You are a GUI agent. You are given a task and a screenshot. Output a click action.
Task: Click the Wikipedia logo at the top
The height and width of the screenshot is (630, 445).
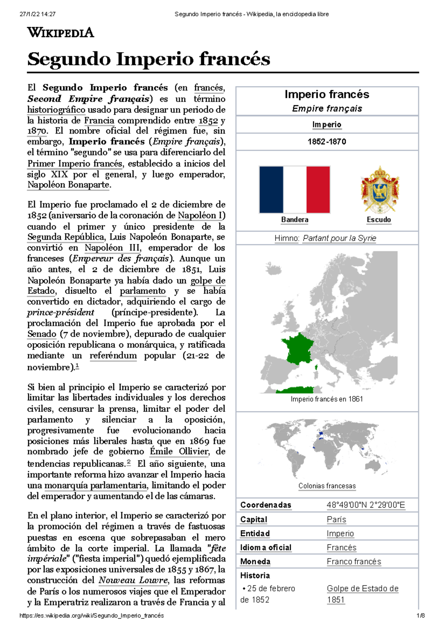(x=60, y=33)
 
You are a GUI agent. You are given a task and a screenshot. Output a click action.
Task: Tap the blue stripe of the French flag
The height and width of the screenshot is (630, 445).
(x=271, y=190)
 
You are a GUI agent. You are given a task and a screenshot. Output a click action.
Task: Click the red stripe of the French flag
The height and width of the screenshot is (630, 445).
(x=318, y=190)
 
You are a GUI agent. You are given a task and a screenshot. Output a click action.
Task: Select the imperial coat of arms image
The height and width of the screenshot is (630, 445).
(x=380, y=190)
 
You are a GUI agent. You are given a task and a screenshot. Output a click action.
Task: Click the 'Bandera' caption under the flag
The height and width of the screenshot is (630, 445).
(x=294, y=220)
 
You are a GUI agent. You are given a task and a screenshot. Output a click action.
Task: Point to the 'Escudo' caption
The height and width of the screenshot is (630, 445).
(x=379, y=220)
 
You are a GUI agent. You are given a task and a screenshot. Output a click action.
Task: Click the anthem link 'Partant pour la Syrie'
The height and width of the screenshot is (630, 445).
(x=339, y=238)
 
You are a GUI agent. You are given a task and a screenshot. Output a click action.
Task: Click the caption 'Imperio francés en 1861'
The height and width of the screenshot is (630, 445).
(x=327, y=399)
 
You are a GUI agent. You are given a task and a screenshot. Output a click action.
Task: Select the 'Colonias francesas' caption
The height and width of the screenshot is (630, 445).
(x=327, y=486)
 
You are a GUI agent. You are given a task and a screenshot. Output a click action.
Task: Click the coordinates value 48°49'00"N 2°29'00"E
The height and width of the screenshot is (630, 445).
(x=366, y=505)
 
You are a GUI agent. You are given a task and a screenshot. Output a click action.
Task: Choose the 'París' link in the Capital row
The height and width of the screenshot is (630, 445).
(x=336, y=519)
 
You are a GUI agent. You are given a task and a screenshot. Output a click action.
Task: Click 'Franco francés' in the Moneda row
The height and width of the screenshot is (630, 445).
(x=354, y=562)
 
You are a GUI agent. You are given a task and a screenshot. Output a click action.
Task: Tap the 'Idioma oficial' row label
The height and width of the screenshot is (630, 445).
(x=266, y=548)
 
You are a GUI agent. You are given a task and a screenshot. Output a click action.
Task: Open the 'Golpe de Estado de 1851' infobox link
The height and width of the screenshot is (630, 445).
(x=362, y=589)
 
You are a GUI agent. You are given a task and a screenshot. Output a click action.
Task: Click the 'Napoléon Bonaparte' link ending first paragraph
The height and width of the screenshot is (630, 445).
(x=68, y=185)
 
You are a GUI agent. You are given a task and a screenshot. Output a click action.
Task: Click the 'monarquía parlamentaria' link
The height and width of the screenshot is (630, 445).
(x=96, y=486)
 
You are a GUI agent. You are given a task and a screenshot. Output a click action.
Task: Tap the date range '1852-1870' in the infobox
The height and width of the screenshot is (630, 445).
(x=327, y=142)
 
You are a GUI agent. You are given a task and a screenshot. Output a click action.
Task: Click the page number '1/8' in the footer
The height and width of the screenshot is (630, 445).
(x=421, y=616)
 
